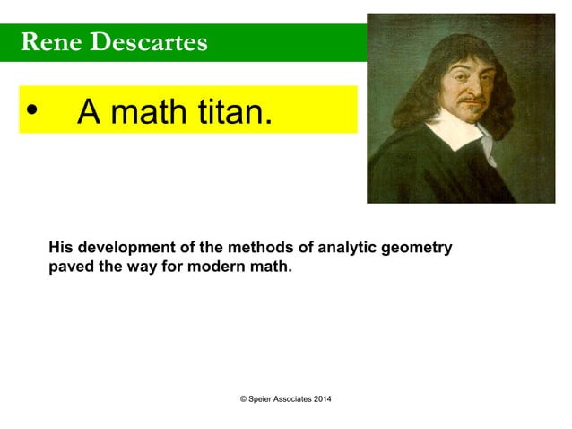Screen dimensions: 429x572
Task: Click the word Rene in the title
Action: point(47,41)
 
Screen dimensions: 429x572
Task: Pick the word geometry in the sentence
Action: point(417,249)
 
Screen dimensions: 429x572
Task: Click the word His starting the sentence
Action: point(61,248)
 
